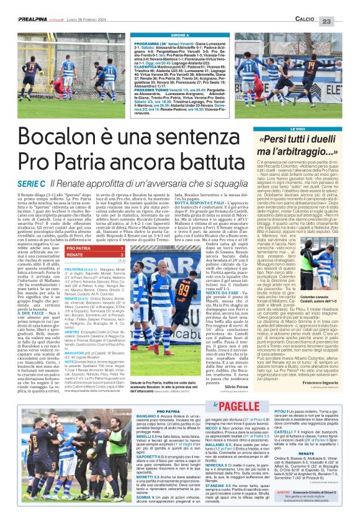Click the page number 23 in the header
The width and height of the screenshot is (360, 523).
pos(343,20)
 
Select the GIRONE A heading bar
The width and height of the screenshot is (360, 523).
pos(179,36)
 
